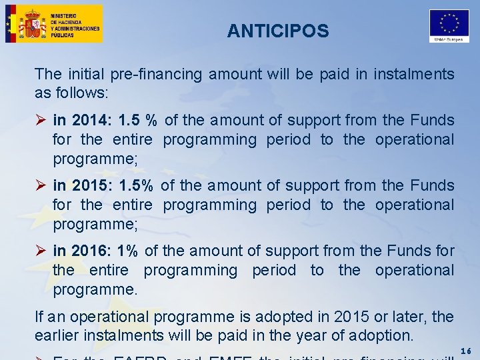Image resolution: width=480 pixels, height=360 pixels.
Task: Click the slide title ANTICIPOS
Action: [277, 31]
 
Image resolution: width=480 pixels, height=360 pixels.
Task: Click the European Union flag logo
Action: [449, 24]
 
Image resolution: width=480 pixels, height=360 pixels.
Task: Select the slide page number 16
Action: [466, 351]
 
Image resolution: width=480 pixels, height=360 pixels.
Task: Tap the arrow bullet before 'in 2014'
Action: [41, 121]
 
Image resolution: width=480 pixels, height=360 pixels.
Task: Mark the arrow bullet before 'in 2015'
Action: [41, 185]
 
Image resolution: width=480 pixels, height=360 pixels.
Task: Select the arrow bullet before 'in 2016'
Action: [41, 251]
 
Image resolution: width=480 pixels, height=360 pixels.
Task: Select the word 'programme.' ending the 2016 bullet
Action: [95, 289]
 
